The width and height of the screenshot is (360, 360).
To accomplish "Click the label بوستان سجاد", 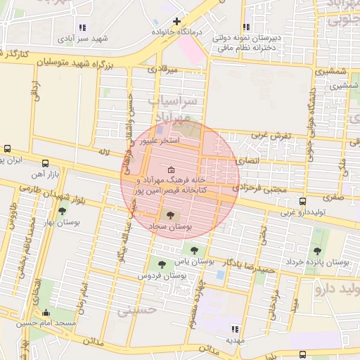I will coord(171,228).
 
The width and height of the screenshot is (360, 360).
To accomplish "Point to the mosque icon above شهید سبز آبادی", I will coord(84,27).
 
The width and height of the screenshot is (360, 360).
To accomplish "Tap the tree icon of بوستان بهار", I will coord(62,211).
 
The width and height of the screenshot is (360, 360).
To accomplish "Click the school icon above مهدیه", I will coord(235,328).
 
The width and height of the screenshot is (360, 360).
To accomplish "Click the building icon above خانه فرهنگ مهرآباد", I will coord(171,170).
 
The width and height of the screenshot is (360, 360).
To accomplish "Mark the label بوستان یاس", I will coord(195,261).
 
